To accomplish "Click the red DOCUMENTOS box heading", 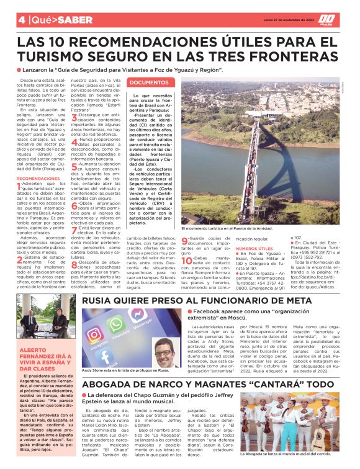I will [x=149, y=82].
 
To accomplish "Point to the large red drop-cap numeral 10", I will [x=185, y=260].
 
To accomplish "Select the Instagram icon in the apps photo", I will [x=95, y=335].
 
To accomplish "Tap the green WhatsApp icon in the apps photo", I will [x=116, y=325].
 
